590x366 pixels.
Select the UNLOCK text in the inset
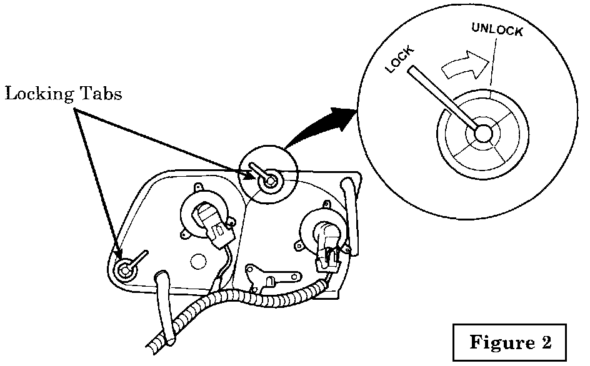point(497,29)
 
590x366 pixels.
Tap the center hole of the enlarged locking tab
point(482,132)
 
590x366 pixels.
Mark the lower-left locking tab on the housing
point(126,269)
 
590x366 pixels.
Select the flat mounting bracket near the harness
point(271,275)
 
